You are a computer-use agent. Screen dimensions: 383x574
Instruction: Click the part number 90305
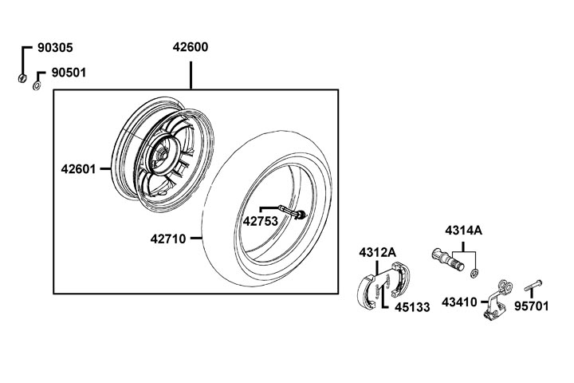[56, 47]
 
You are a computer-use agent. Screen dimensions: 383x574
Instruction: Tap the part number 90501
[69, 73]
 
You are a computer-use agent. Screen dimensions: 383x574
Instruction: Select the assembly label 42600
[191, 47]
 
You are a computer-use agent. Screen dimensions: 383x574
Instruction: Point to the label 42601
[78, 169]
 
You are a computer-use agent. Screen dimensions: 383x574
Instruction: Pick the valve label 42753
[260, 222]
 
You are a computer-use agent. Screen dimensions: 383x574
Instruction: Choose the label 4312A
[377, 252]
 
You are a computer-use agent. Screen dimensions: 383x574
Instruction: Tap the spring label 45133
[411, 305]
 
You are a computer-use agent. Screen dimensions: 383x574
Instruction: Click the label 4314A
[463, 231]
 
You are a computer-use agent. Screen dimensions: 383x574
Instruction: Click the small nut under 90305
[23, 78]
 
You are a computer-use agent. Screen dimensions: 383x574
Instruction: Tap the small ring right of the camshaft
[474, 274]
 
